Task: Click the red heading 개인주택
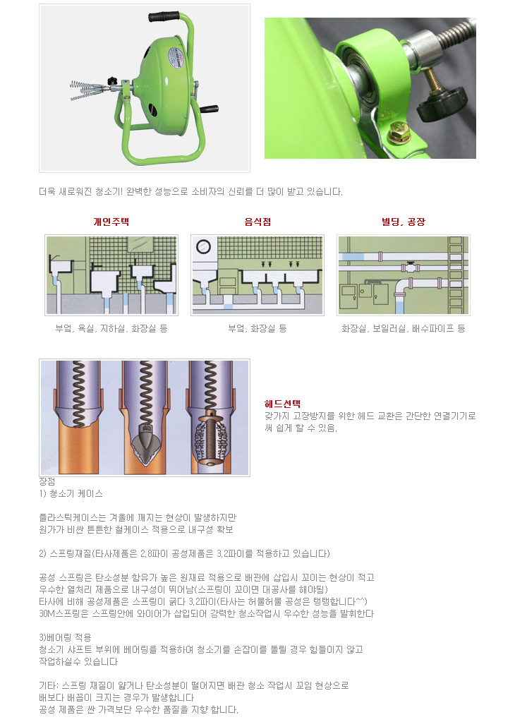tap(111, 222)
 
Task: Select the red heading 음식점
tap(257, 222)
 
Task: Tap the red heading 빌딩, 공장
tap(403, 222)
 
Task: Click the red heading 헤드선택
tap(283, 404)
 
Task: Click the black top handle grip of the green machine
tap(164, 17)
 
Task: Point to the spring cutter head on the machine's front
tap(88, 90)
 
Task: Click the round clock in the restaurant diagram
tap(203, 246)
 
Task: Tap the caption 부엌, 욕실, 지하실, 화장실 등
tap(111, 328)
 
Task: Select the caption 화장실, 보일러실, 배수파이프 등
tap(403, 328)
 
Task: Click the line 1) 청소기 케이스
tap(71, 493)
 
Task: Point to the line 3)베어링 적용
tap(66, 637)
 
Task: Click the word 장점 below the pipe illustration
tap(47, 481)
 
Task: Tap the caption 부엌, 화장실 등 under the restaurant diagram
tap(257, 328)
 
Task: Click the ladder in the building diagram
tap(456, 275)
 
